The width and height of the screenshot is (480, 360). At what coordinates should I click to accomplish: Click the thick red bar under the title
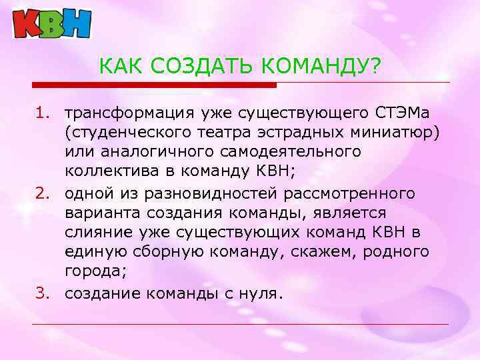pyautogui.click(x=154, y=85)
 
